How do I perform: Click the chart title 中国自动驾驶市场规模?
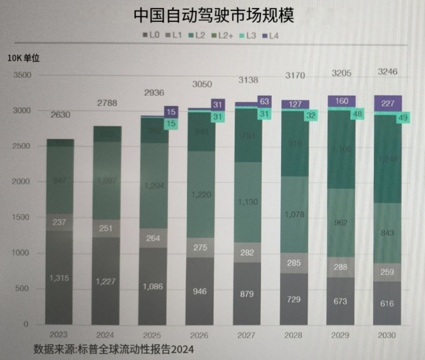point(213,15)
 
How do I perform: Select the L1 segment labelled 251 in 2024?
point(107,228)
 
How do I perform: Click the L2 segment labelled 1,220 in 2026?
point(201,195)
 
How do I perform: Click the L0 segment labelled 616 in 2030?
point(388,303)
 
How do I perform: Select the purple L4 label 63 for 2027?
point(264,101)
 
